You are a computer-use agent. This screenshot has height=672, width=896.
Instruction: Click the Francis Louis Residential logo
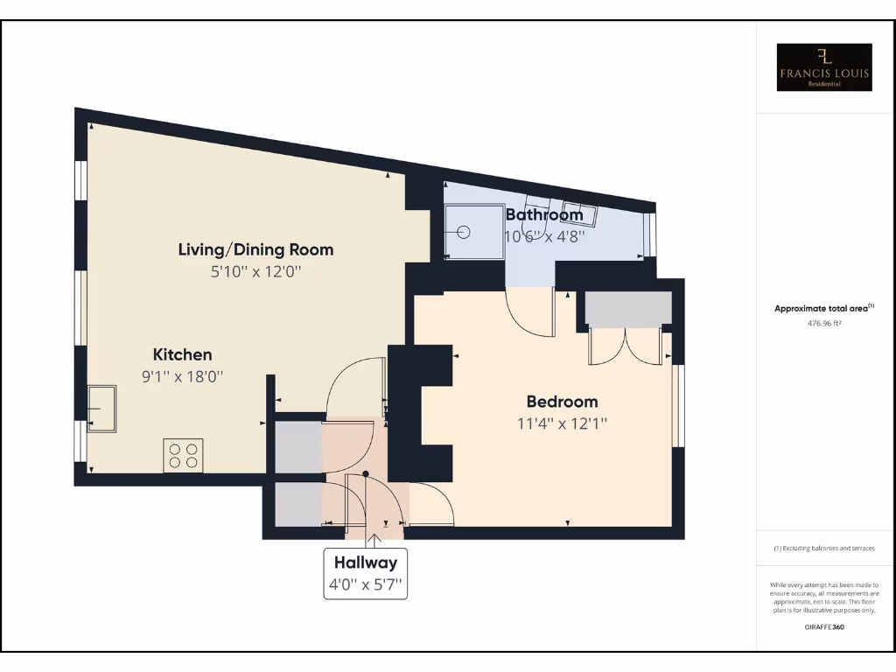tap(824, 67)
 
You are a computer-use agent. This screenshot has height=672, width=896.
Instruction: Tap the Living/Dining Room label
tap(255, 249)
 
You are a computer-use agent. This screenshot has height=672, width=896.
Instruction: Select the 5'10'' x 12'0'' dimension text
tap(255, 271)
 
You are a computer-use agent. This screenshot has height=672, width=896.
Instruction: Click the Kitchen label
tap(183, 354)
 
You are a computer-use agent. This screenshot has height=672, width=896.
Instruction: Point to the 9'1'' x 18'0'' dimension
tap(183, 377)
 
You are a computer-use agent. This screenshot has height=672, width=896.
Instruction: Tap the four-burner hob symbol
tap(183, 455)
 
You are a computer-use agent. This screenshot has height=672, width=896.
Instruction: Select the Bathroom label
tap(544, 214)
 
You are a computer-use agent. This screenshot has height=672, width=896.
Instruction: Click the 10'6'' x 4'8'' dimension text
tap(544, 235)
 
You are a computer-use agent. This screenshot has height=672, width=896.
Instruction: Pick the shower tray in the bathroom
tap(473, 233)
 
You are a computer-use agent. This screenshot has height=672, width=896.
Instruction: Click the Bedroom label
tap(562, 402)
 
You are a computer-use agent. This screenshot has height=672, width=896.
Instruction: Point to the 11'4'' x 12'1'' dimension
tap(562, 423)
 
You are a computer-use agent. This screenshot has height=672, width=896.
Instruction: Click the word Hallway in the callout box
tap(365, 563)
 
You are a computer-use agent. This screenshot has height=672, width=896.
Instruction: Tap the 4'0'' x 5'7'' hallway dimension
tap(365, 584)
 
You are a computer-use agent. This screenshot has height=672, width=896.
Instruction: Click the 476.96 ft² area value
tap(824, 323)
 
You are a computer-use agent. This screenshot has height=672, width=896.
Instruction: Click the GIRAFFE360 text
tap(824, 626)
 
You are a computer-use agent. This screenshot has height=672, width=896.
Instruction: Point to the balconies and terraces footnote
tap(824, 548)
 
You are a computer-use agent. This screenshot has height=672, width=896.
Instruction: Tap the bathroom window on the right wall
tap(649, 234)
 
